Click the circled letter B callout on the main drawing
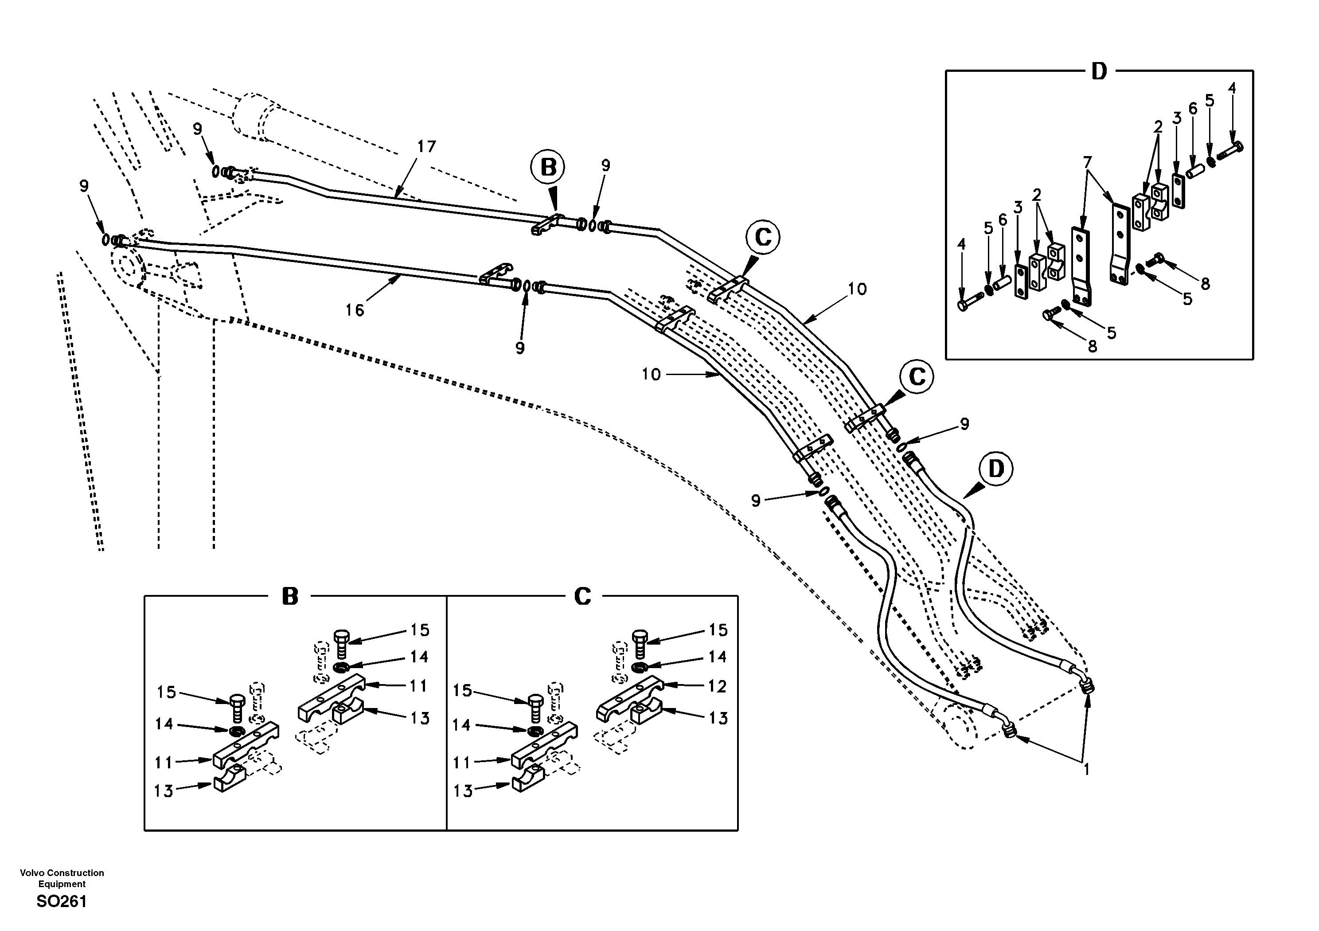pyautogui.click(x=548, y=167)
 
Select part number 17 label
pyautogui.click(x=426, y=147)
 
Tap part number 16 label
pyautogui.click(x=355, y=310)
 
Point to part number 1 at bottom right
pyautogui.click(x=1086, y=769)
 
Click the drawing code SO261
pyautogui.click(x=62, y=901)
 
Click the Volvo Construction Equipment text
pyautogui.click(x=62, y=878)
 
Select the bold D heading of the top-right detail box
pyautogui.click(x=1098, y=72)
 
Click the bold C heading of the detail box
pyautogui.click(x=582, y=597)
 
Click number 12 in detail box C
pyautogui.click(x=717, y=686)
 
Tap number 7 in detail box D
pyautogui.click(x=1086, y=163)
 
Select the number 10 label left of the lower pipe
pyautogui.click(x=651, y=375)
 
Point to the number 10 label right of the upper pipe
pyautogui.click(x=857, y=289)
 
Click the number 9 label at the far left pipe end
pyautogui.click(x=84, y=186)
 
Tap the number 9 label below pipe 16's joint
pyautogui.click(x=520, y=348)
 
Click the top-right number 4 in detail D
pyautogui.click(x=1231, y=88)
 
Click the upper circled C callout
pyautogui.click(x=763, y=237)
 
